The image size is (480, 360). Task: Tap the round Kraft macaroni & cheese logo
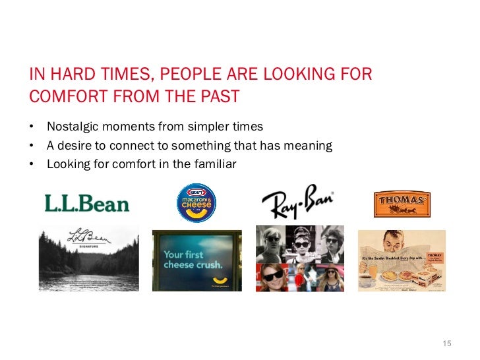click(196, 202)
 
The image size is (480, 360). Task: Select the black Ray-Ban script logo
click(297, 204)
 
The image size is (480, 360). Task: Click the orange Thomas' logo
click(402, 204)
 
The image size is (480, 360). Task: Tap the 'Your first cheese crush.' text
click(193, 259)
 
